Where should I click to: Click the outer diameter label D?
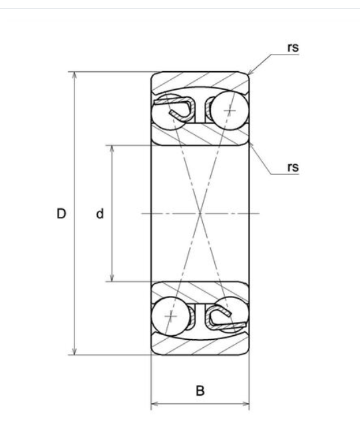(x=61, y=214)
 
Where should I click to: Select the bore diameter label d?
(x=100, y=214)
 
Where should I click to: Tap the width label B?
(x=200, y=390)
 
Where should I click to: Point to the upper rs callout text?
(x=293, y=47)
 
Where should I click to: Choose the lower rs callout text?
(x=293, y=167)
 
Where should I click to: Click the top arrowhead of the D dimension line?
(x=74, y=75)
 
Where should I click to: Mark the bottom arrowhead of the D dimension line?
(x=74, y=351)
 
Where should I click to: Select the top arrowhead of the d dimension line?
(x=112, y=148)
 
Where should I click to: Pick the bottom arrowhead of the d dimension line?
(x=112, y=277)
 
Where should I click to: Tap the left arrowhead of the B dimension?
(x=154, y=404)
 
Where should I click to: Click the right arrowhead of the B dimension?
(x=246, y=404)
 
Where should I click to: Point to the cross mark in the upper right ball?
(x=230, y=110)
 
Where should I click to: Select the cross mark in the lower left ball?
(x=171, y=316)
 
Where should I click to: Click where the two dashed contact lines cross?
(x=200, y=214)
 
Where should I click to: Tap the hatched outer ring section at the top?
(x=200, y=80)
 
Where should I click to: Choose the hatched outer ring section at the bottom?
(x=200, y=346)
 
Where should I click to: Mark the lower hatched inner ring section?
(x=200, y=292)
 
